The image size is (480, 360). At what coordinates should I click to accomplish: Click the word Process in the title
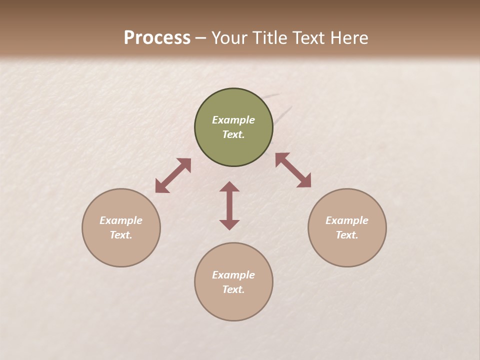(157, 38)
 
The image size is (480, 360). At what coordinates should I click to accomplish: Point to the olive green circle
(233, 102)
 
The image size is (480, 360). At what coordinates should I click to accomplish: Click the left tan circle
(121, 250)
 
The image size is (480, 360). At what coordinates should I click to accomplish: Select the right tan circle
(347, 250)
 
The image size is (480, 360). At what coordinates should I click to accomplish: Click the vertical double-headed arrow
(229, 205)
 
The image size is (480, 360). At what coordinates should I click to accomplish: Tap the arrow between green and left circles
(173, 175)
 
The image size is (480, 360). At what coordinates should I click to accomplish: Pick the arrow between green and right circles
(293, 170)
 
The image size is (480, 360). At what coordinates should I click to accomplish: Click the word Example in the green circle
(233, 120)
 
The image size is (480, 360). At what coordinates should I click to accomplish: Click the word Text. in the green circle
(233, 134)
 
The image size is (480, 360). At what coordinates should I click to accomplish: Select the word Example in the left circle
(121, 220)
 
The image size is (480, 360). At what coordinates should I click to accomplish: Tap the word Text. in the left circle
(121, 235)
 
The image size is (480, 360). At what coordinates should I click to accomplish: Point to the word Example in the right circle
(347, 220)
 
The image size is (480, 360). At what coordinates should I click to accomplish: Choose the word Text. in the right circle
(347, 235)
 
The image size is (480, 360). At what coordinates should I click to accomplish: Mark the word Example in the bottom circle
(233, 275)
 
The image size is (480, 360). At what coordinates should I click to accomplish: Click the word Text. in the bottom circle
(233, 289)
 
